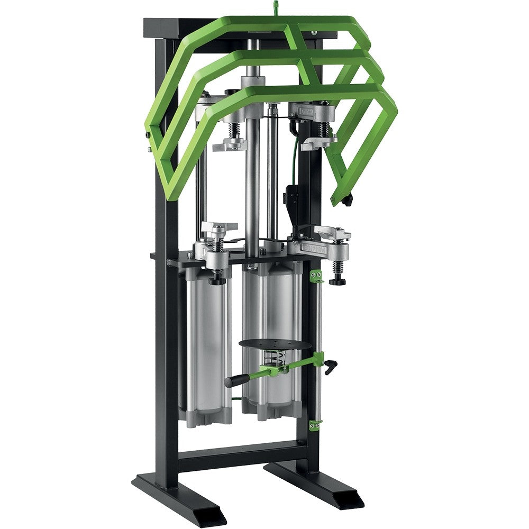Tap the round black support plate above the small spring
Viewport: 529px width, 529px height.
click(x=275, y=344)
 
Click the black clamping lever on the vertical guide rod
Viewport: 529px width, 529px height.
click(x=331, y=365)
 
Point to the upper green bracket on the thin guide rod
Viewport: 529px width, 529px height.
click(x=316, y=276)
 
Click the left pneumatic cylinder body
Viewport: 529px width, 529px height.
click(x=207, y=344)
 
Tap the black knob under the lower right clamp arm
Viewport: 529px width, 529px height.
click(x=338, y=280)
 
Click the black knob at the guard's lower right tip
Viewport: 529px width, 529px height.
click(x=347, y=200)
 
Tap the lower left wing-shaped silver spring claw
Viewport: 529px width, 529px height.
click(x=218, y=227)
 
